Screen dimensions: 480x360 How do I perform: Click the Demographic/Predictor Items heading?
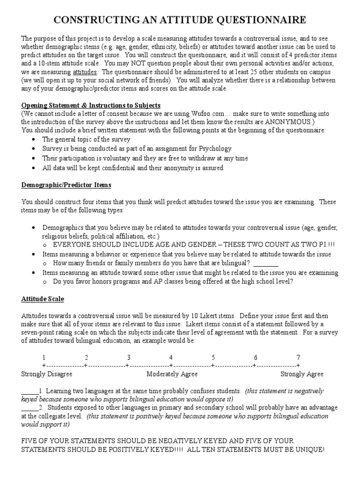click(66, 185)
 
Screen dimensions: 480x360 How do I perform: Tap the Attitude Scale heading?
click(43, 299)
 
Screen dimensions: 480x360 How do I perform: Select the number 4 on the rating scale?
click(171, 357)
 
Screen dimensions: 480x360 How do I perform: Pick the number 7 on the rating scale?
click(298, 357)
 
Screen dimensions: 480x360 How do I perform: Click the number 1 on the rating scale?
click(44, 357)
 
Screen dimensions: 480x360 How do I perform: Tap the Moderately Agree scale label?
click(172, 374)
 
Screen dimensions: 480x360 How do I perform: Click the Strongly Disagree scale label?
click(46, 374)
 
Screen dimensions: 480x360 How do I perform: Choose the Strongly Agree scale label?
click(301, 374)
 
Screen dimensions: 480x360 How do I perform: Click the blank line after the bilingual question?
click(265, 263)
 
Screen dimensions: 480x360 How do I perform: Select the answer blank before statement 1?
click(30, 391)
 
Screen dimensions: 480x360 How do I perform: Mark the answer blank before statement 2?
click(30, 408)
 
